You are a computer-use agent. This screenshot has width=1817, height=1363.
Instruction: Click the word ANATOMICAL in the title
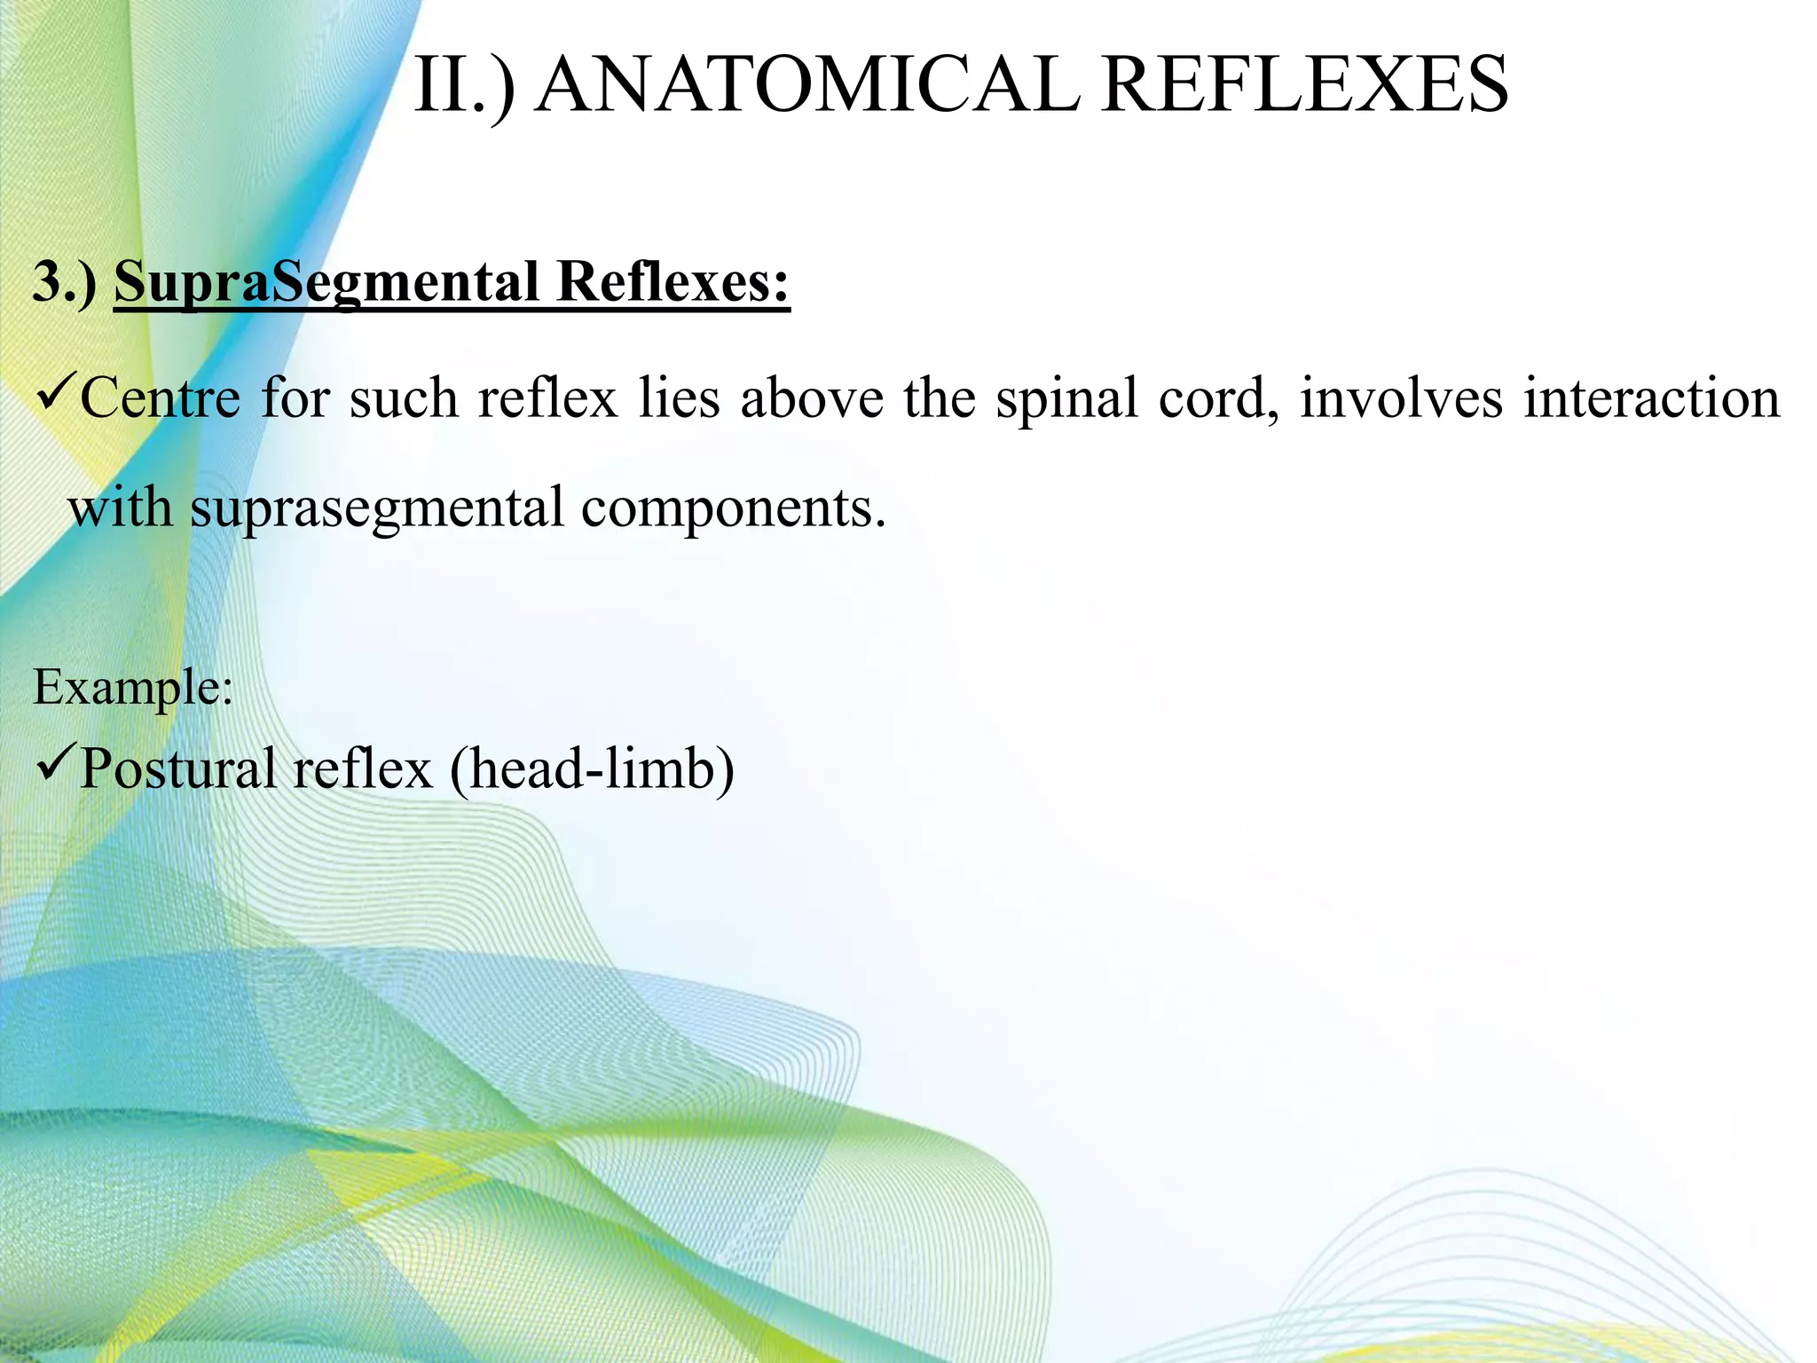(808, 85)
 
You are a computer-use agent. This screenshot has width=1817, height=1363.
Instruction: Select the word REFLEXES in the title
(1304, 85)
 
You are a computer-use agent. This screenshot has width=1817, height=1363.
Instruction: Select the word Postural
(177, 768)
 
